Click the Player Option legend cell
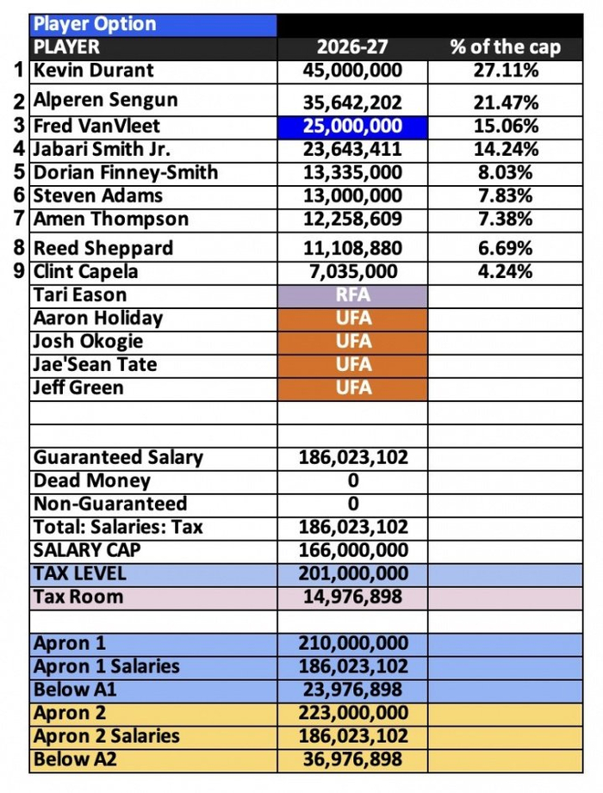click(153, 24)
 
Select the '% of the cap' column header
click(505, 46)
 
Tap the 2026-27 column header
click(352, 46)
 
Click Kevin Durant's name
click(94, 71)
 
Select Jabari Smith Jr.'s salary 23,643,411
click(352, 149)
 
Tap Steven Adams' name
click(85, 195)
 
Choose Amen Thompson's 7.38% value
click(505, 220)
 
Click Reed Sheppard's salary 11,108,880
click(352, 249)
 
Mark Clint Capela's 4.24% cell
click(505, 272)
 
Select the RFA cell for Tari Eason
click(352, 295)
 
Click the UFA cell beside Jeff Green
click(352, 387)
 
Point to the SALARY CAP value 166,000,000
click(352, 550)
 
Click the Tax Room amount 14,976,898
click(352, 597)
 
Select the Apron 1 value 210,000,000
click(352, 643)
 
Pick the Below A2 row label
click(75, 759)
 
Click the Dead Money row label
click(92, 480)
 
